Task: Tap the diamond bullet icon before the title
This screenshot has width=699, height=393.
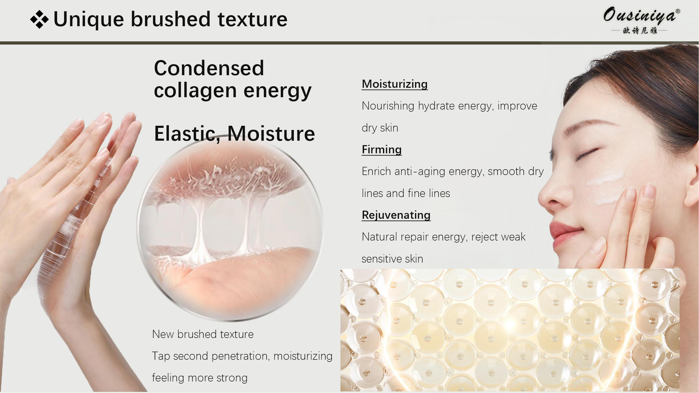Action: [39, 19]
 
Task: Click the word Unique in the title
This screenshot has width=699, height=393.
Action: [89, 19]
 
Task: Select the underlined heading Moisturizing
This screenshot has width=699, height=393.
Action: [394, 84]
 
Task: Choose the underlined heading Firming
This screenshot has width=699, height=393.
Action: [382, 149]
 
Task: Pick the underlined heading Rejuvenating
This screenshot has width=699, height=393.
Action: [396, 215]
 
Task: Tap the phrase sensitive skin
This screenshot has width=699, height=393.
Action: [392, 259]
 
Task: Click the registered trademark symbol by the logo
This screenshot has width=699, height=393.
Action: [678, 11]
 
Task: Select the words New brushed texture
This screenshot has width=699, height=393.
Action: [203, 334]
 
